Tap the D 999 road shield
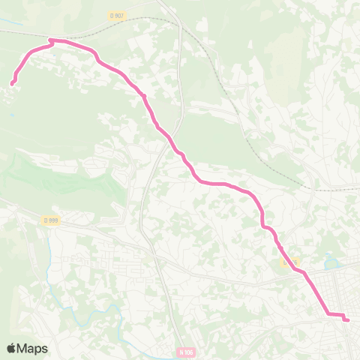click(x=50, y=220)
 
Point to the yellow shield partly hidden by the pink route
click(x=290, y=262)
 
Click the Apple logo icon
click(x=11, y=348)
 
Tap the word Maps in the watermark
click(x=33, y=348)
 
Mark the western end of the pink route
click(x=13, y=84)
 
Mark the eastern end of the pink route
click(x=347, y=320)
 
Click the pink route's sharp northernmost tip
click(x=50, y=40)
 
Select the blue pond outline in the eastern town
click(x=331, y=263)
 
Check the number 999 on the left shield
click(x=52, y=220)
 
